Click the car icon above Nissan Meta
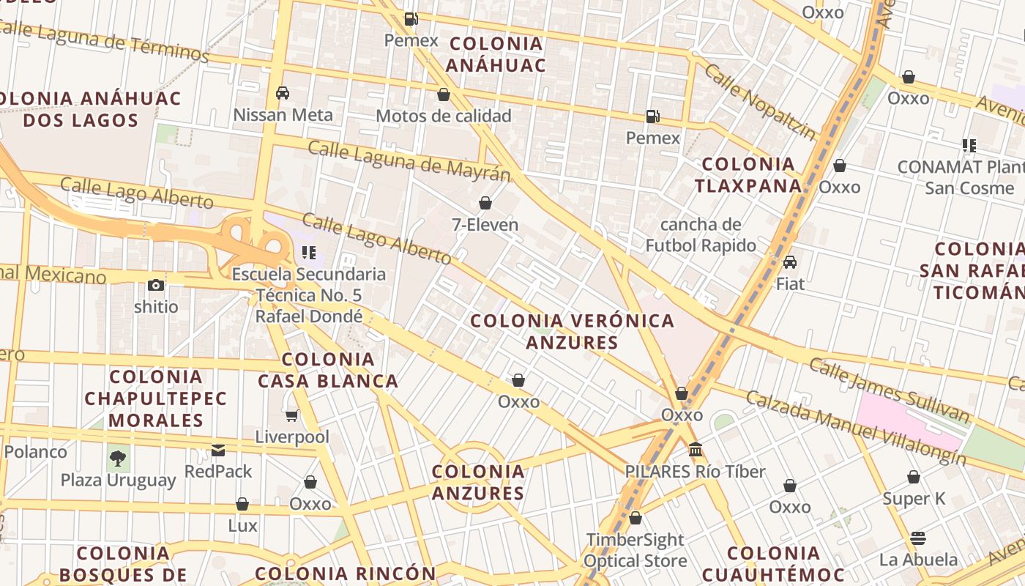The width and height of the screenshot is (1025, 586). point(283,93)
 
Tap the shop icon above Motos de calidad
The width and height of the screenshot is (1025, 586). point(443,94)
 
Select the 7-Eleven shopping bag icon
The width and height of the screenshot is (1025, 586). point(485,203)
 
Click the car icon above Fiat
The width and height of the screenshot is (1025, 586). point(790,262)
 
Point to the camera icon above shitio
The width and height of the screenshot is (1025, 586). point(155,285)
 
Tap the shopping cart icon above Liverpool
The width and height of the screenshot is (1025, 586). point(291,416)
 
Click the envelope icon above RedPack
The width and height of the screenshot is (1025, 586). point(218,450)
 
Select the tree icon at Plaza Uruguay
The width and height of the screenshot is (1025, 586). point(118,459)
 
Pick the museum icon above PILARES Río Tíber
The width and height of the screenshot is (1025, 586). point(696,449)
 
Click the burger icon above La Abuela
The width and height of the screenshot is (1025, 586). point(918,538)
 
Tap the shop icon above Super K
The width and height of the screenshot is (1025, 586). point(914,478)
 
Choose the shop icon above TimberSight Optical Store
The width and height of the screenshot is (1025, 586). point(635,519)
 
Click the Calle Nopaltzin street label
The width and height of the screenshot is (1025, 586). point(759,101)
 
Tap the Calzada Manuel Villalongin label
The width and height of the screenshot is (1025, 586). point(855,428)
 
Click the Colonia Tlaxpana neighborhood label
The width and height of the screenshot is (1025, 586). point(748,174)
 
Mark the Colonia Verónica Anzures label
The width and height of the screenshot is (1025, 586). point(572,331)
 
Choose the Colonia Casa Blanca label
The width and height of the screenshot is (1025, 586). point(328,370)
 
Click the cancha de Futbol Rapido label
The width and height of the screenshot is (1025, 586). point(701,234)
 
